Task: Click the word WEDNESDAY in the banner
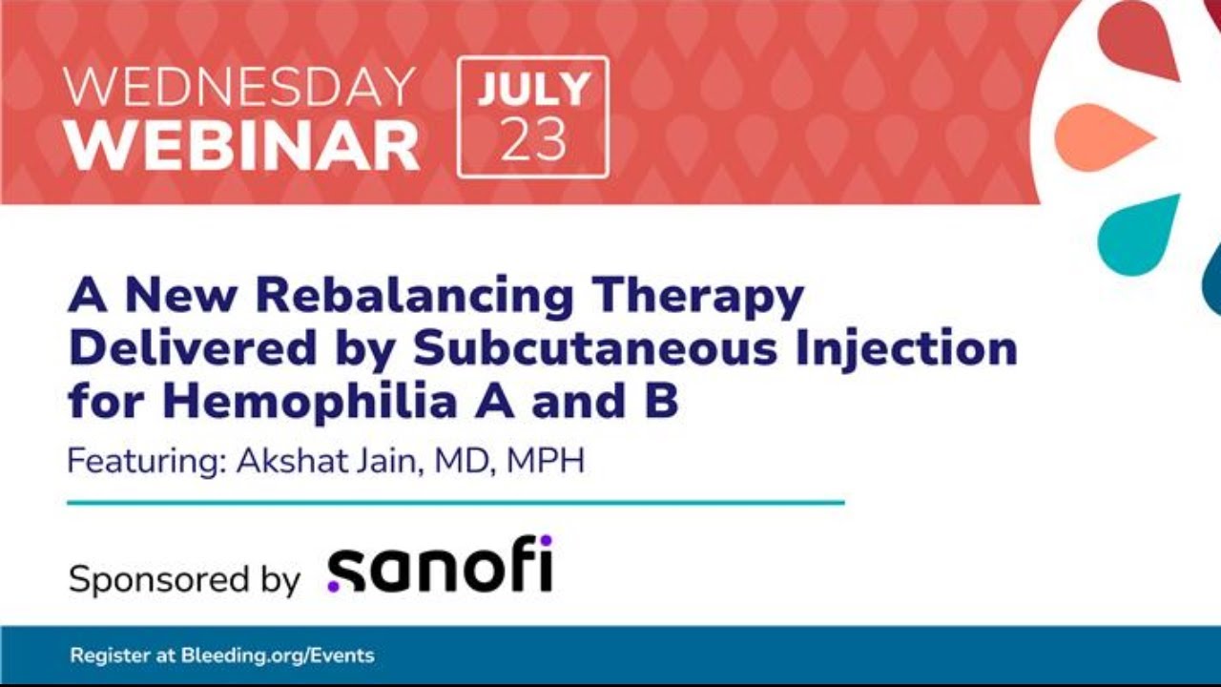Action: click(238, 87)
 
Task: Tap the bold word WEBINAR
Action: click(243, 146)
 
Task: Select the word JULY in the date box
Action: click(533, 90)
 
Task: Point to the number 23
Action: click(533, 139)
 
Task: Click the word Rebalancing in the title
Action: click(415, 297)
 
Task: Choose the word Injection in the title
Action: click(906, 349)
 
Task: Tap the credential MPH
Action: click(546, 461)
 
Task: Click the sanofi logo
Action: click(440, 564)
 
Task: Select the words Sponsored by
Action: click(184, 580)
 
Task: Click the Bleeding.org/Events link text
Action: click(278, 656)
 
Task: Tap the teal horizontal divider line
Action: click(456, 503)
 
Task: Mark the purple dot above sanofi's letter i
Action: click(546, 541)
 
